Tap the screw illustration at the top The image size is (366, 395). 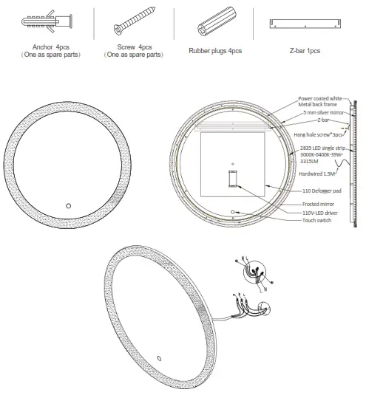point(133,25)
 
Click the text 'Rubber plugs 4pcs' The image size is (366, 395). point(215,51)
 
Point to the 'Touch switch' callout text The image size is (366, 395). point(317,220)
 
